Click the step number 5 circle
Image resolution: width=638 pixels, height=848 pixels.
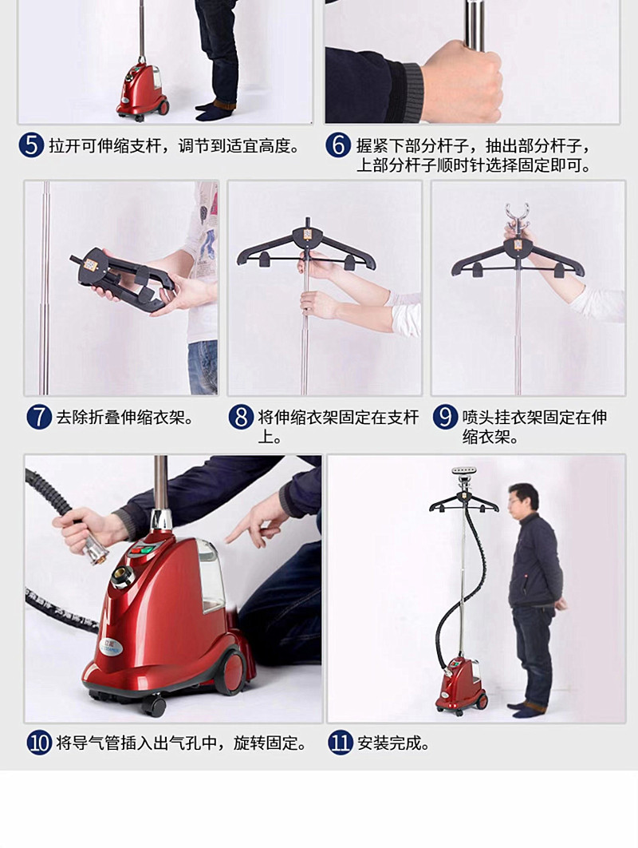pos(31,146)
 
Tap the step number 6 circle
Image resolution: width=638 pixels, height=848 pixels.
pos(338,146)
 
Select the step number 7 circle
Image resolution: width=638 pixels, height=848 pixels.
pos(38,418)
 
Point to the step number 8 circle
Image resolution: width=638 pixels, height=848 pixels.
pos(241,418)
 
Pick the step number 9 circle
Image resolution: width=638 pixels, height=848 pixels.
pos(445,418)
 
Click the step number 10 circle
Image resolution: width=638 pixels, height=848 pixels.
pos(39,743)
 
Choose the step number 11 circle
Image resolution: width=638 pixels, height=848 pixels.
pos(340,743)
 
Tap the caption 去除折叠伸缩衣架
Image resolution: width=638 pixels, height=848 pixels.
pos(124,418)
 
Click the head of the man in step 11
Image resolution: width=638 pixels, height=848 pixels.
pos(523,498)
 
